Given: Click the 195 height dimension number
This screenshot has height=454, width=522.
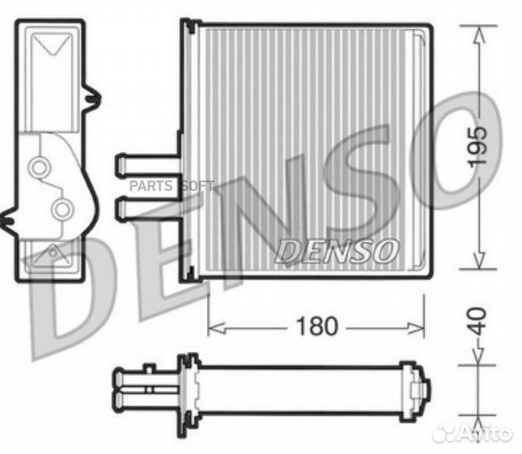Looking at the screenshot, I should pyautogui.click(x=477, y=147).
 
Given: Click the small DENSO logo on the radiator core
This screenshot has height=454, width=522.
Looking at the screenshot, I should pyautogui.click(x=336, y=250).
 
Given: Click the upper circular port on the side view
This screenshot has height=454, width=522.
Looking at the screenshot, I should pyautogui.click(x=38, y=168).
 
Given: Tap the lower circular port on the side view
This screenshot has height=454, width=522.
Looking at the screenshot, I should pyautogui.click(x=60, y=207).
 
